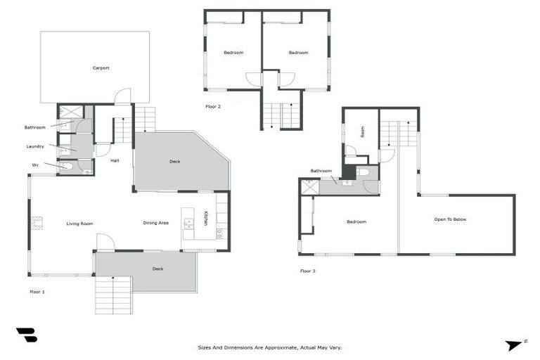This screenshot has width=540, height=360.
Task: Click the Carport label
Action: point(101,68)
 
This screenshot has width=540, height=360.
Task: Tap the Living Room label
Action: point(80,224)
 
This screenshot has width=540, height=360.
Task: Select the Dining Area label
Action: point(156,223)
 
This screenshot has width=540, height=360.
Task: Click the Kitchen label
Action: point(206,218)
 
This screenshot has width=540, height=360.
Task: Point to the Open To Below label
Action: point(450,219)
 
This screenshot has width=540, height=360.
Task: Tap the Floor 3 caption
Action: point(307,271)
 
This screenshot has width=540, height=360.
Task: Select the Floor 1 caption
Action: point(37,291)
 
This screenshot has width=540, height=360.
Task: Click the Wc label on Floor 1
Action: point(35,165)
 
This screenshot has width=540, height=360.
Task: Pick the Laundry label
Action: point(35,146)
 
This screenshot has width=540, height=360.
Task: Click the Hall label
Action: point(114,160)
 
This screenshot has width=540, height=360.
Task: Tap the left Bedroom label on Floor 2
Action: point(233,53)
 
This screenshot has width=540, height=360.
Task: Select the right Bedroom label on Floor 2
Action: point(298,53)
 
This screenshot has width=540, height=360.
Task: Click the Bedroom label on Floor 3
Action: point(356,221)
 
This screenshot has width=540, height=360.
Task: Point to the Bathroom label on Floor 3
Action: point(321,171)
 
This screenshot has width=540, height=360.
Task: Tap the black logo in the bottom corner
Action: point(27,335)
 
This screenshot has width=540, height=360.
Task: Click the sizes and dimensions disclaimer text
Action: point(270,347)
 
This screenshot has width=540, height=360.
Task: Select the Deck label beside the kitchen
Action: point(175,162)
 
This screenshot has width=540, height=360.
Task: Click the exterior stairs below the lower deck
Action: point(113,295)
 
